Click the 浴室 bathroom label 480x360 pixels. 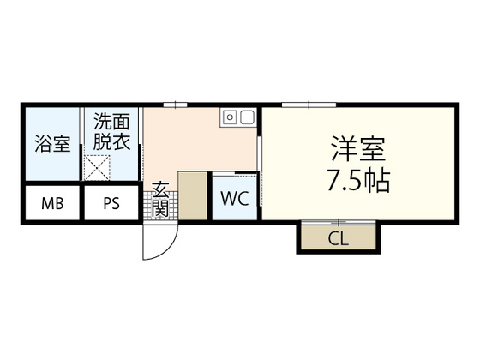pyautogui.click(x=52, y=144)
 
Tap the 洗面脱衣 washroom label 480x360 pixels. pyautogui.click(x=111, y=134)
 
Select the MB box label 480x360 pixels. pyautogui.click(x=52, y=204)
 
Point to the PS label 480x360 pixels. pyautogui.click(x=112, y=204)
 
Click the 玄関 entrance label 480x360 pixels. pyautogui.click(x=160, y=200)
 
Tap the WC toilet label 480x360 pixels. pyautogui.click(x=234, y=200)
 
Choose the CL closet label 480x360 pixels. pyautogui.click(x=338, y=238)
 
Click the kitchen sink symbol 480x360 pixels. pyautogui.click(x=237, y=117)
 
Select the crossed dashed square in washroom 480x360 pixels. pyautogui.click(x=97, y=168)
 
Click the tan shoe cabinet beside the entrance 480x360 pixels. pyautogui.click(x=192, y=197)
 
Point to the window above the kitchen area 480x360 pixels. pyautogui.click(x=176, y=105)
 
